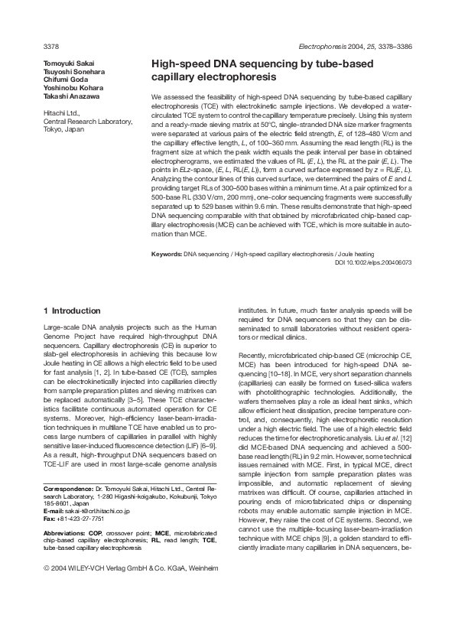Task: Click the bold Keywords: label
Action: pos(167,253)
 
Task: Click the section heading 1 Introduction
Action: pos(72,311)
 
